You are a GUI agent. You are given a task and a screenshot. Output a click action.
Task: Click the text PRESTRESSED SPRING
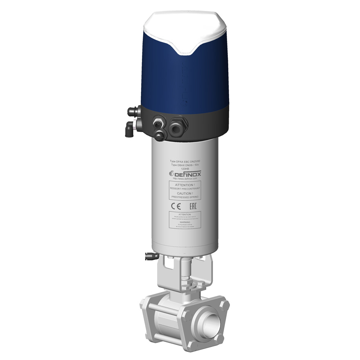[x=185, y=197]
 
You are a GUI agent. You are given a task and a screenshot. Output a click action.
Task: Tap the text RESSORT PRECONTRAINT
[x=185, y=188]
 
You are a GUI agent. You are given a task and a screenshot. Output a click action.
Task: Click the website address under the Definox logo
[x=185, y=179]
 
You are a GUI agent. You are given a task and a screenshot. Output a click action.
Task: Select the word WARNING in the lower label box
[x=185, y=222]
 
